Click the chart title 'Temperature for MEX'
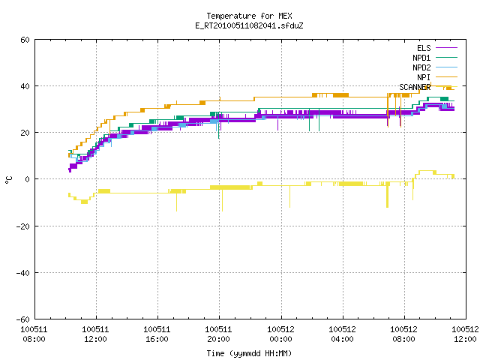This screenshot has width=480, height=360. pyautogui.click(x=249, y=16)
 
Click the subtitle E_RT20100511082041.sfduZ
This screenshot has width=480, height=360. pyautogui.click(x=249, y=25)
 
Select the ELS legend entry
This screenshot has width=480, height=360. pyautogui.click(x=437, y=48)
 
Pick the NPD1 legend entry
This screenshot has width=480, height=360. pyautogui.click(x=435, y=58)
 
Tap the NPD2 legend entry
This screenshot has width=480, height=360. pyautogui.click(x=435, y=67)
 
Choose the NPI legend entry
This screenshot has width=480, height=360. pyautogui.click(x=437, y=77)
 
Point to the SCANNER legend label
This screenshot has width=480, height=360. pyautogui.click(x=415, y=87)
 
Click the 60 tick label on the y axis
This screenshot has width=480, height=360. pyautogui.click(x=25, y=40)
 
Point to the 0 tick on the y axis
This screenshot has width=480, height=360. pyautogui.click(x=28, y=179)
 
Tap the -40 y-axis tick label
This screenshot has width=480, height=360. pyautogui.click(x=23, y=273)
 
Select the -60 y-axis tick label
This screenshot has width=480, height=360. pyautogui.click(x=23, y=319)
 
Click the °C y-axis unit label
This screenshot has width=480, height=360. pyautogui.click(x=9, y=180)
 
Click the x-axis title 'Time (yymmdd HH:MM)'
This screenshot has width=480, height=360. pyautogui.click(x=249, y=353)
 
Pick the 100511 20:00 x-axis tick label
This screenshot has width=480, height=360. pyautogui.click(x=218, y=334)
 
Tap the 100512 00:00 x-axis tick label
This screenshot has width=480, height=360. pyautogui.click(x=280, y=334)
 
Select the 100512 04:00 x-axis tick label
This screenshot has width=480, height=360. pyautogui.click(x=342, y=334)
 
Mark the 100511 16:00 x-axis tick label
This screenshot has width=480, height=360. pyautogui.click(x=157, y=334)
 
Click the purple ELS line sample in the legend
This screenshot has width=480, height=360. pyautogui.click(x=447, y=48)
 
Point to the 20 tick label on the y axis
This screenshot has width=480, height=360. pyautogui.click(x=25, y=133)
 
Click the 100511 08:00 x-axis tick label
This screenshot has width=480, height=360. pyautogui.click(x=34, y=334)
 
